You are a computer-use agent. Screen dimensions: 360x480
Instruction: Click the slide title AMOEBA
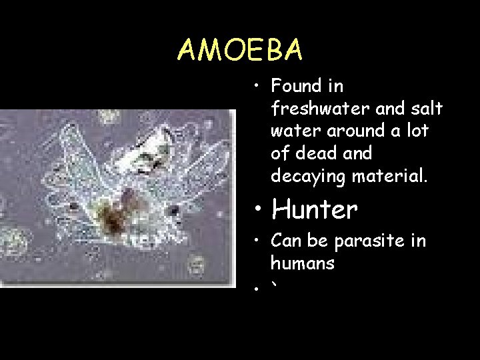tap(240, 49)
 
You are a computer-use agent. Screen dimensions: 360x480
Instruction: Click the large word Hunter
tap(315, 210)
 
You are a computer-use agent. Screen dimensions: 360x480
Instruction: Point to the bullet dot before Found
tap(257, 87)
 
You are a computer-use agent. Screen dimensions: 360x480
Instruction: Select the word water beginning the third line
tap(292, 131)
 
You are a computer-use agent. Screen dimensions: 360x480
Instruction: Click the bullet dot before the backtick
tap(257, 289)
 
